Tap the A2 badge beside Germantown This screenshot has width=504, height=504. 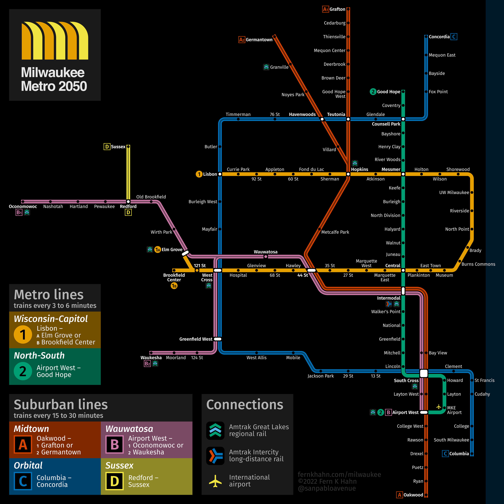pos(242,40)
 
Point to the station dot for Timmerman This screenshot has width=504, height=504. pos(238,119)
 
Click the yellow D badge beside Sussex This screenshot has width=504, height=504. pos(107,147)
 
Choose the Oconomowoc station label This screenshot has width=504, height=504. pos(23,206)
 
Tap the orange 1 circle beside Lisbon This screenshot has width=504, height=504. pos(199,174)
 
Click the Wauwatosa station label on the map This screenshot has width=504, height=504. pos(266,252)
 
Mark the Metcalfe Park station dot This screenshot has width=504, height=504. pos(319,229)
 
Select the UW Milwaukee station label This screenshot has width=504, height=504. pos(454,193)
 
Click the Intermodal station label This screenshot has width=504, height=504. pos(388,298)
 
